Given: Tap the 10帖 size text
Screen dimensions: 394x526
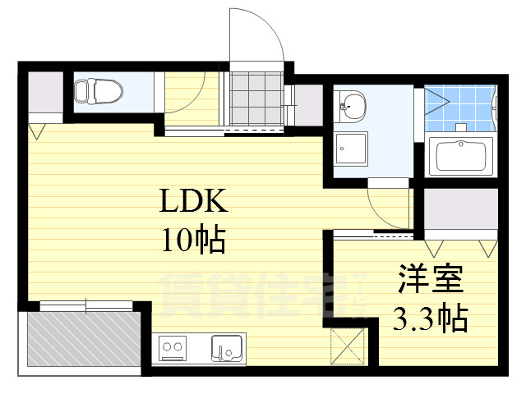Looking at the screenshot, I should coord(194,240).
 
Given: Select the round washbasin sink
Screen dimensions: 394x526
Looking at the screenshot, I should coord(353,104).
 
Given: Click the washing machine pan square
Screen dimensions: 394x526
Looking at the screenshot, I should coord(352,149).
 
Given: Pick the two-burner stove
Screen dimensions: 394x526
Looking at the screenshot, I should coord(173,348).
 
